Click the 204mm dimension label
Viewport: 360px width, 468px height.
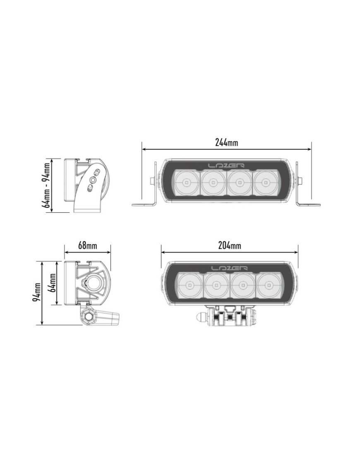tap(229, 245)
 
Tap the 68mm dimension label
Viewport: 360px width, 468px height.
tap(87, 245)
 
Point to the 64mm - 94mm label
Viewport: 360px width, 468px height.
tap(46, 185)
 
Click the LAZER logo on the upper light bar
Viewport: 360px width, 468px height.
tap(226, 166)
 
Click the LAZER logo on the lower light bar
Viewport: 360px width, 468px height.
tap(230, 268)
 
